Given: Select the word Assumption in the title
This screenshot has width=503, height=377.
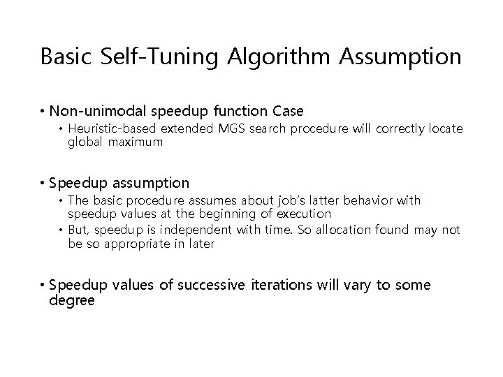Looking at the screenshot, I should [401, 57].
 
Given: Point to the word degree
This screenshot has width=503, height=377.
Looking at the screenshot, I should [72, 300].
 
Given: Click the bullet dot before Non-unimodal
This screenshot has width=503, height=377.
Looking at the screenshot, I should [43, 111].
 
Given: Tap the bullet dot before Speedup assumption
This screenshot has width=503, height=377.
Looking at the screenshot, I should [43, 183].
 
